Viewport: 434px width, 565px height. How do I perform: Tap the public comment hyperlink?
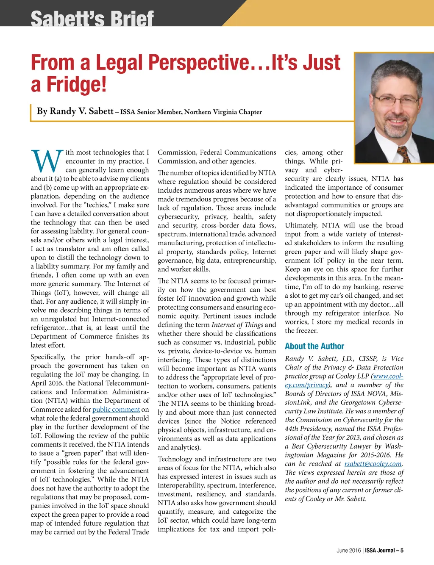pos(116,410)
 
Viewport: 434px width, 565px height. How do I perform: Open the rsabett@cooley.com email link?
pos(373,464)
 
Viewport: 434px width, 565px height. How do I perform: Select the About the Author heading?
pos(314,346)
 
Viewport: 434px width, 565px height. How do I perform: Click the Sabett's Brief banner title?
pos(92,19)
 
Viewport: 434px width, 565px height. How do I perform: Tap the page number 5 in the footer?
pos(402,551)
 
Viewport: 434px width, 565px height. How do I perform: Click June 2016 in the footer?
pos(348,551)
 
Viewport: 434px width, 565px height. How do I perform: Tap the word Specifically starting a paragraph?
pos(48,357)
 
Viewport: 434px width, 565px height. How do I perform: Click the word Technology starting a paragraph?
pos(175,459)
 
